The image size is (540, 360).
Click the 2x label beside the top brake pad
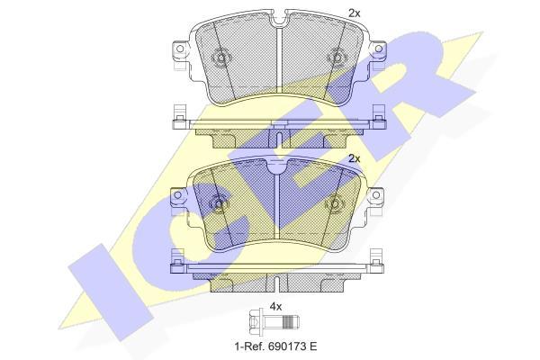click(355, 13)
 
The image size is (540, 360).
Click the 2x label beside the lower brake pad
click(355, 158)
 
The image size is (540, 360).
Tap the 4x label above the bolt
click(275, 307)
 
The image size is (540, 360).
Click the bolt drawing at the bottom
click(274, 322)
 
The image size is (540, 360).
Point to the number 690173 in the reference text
click(285, 346)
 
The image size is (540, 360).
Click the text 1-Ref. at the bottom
click(248, 346)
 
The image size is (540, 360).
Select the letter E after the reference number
click(313, 346)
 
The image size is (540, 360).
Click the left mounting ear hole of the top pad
click(179, 49)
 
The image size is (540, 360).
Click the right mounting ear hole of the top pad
click(379, 49)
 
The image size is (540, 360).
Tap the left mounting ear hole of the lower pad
click(177, 195)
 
